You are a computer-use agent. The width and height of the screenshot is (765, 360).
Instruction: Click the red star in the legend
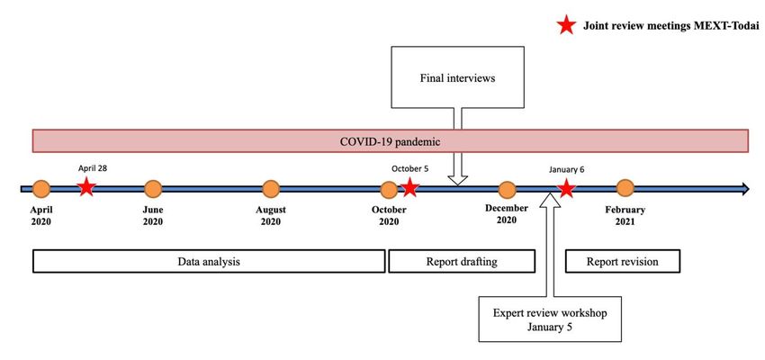coord(566,24)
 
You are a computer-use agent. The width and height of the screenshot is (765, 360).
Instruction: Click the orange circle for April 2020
coord(41,189)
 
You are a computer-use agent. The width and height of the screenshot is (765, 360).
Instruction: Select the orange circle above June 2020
coord(153,189)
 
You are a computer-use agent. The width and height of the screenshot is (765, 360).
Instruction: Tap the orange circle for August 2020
coord(271,189)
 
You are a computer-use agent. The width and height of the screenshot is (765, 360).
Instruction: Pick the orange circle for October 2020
coord(389,189)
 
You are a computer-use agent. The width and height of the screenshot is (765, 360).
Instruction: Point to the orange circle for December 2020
coord(507,190)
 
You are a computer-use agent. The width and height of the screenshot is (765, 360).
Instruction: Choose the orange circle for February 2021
coord(625,188)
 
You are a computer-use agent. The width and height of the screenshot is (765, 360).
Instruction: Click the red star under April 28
coord(86,187)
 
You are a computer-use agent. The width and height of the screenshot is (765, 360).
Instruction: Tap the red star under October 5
coord(409,187)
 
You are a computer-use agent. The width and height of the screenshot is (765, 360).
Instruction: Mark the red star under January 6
coord(566,188)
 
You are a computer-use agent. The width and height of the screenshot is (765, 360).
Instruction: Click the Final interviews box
coord(457,77)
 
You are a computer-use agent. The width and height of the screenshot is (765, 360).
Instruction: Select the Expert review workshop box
coord(550,319)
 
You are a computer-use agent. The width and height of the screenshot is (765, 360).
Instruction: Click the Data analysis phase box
coord(209,262)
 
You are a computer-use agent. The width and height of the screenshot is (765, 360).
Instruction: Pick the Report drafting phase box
coord(462,262)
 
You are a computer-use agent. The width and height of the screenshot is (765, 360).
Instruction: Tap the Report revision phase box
coord(622,262)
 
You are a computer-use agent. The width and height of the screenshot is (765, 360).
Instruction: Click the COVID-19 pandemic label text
coord(391,142)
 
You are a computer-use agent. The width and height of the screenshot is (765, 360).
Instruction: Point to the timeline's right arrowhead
coord(745,189)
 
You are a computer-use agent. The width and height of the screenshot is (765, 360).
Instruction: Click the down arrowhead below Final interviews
coord(457,181)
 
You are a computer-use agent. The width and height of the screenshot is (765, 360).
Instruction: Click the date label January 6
coord(566,170)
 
